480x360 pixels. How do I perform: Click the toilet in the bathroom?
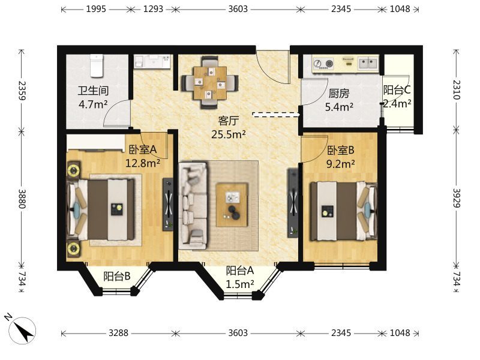click(x=97, y=65)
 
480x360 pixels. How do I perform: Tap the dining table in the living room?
click(x=210, y=83)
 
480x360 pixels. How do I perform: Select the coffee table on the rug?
click(x=232, y=205)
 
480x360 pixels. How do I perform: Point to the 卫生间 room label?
click(x=93, y=91)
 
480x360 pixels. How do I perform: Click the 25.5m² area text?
click(x=229, y=134)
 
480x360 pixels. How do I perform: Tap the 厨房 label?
click(x=339, y=94)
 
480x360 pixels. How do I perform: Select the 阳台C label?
click(x=397, y=90)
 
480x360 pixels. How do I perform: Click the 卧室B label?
click(x=341, y=151)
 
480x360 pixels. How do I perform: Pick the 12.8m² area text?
click(x=143, y=163)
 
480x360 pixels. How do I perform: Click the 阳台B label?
click(x=117, y=276)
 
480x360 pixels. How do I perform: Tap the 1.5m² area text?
click(x=239, y=284)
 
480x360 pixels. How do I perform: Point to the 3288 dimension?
click(x=118, y=333)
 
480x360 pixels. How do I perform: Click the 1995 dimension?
click(x=96, y=9)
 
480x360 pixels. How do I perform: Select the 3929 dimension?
click(x=457, y=198)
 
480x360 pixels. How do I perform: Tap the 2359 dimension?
click(x=22, y=91)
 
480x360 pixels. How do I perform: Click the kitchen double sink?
click(x=368, y=64)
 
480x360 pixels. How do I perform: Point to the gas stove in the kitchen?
click(x=323, y=64)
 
